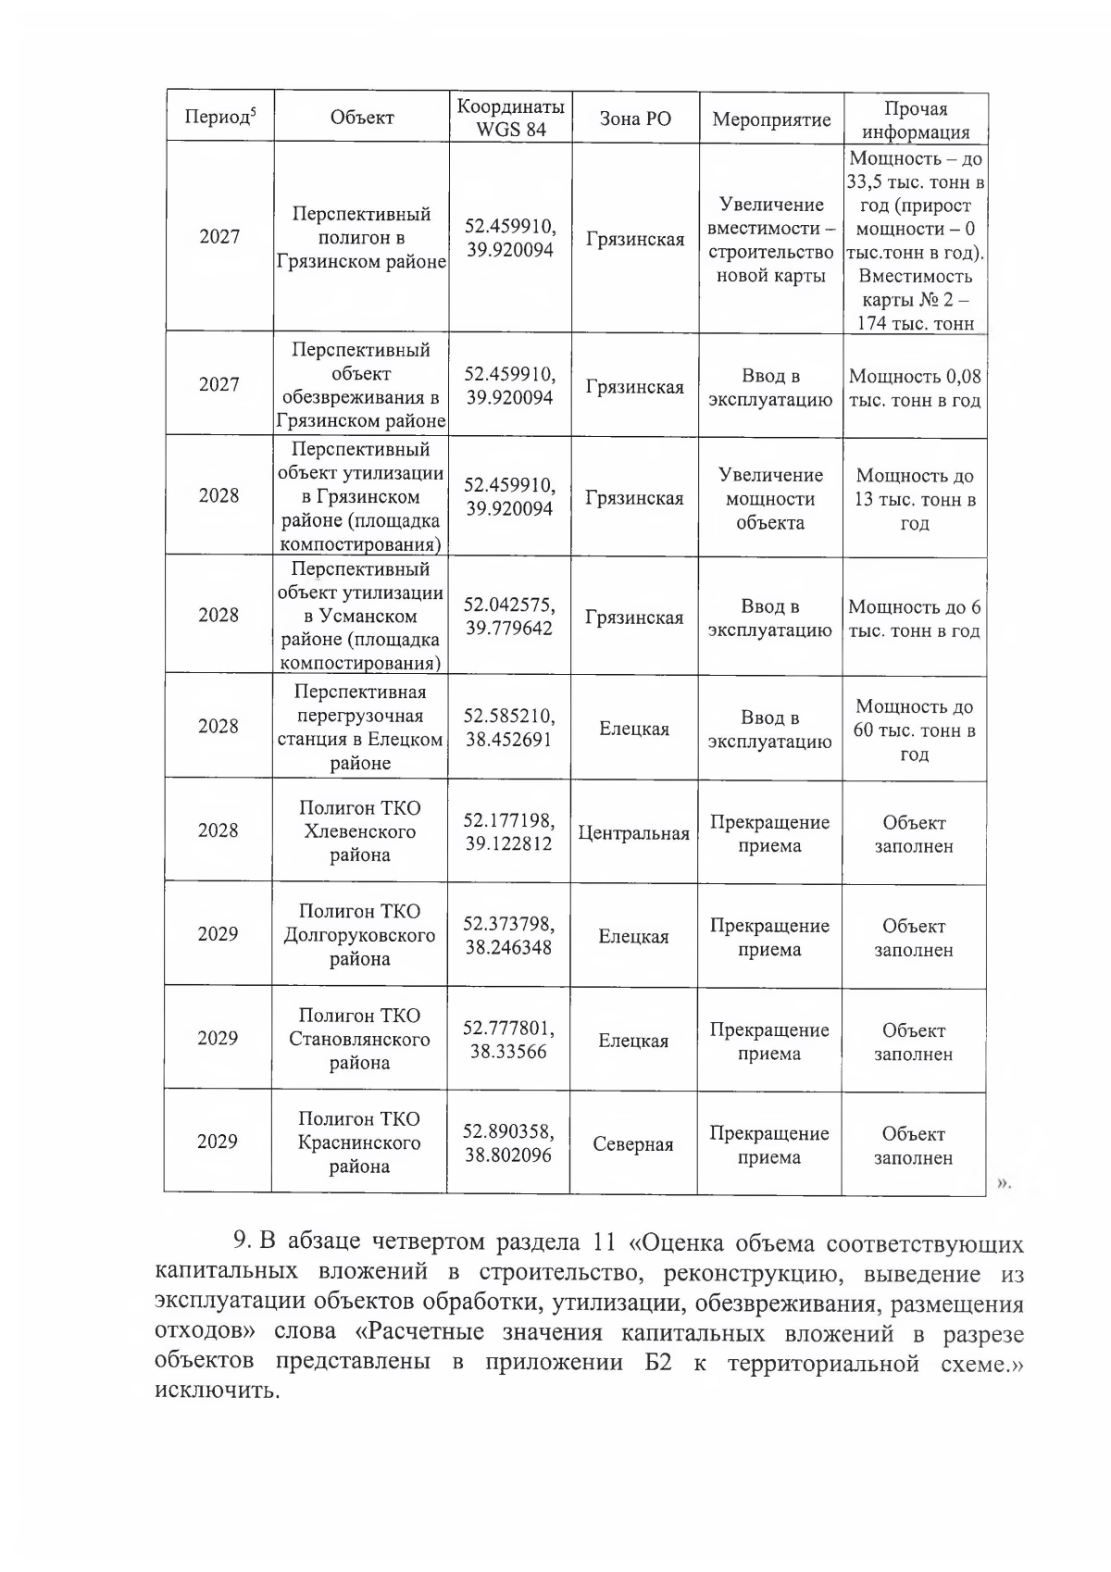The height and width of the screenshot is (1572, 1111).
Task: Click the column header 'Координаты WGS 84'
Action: pos(510,118)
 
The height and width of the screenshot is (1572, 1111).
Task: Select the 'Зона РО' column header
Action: pos(635,119)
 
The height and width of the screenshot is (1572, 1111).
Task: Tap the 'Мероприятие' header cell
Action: pos(771,119)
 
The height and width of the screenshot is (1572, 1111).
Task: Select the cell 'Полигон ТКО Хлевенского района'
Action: pos(360,830)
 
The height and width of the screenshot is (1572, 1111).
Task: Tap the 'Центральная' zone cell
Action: pos(633,832)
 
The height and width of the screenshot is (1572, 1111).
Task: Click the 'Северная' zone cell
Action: pos(633,1144)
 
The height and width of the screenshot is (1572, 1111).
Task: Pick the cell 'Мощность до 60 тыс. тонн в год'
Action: pos(914,730)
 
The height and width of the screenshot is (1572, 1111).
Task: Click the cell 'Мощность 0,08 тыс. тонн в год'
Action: pos(914,389)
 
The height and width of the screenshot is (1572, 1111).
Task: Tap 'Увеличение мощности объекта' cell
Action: pos(770,498)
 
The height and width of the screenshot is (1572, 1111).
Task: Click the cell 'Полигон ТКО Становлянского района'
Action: pos(360,1039)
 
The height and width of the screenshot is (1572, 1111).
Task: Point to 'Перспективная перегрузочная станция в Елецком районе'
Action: pos(360,727)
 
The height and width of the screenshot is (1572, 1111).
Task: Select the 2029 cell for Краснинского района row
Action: pos(218,1142)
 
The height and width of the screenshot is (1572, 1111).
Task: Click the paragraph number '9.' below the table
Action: pos(243,1241)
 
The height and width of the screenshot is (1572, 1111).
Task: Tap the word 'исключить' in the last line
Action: pos(216,1391)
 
